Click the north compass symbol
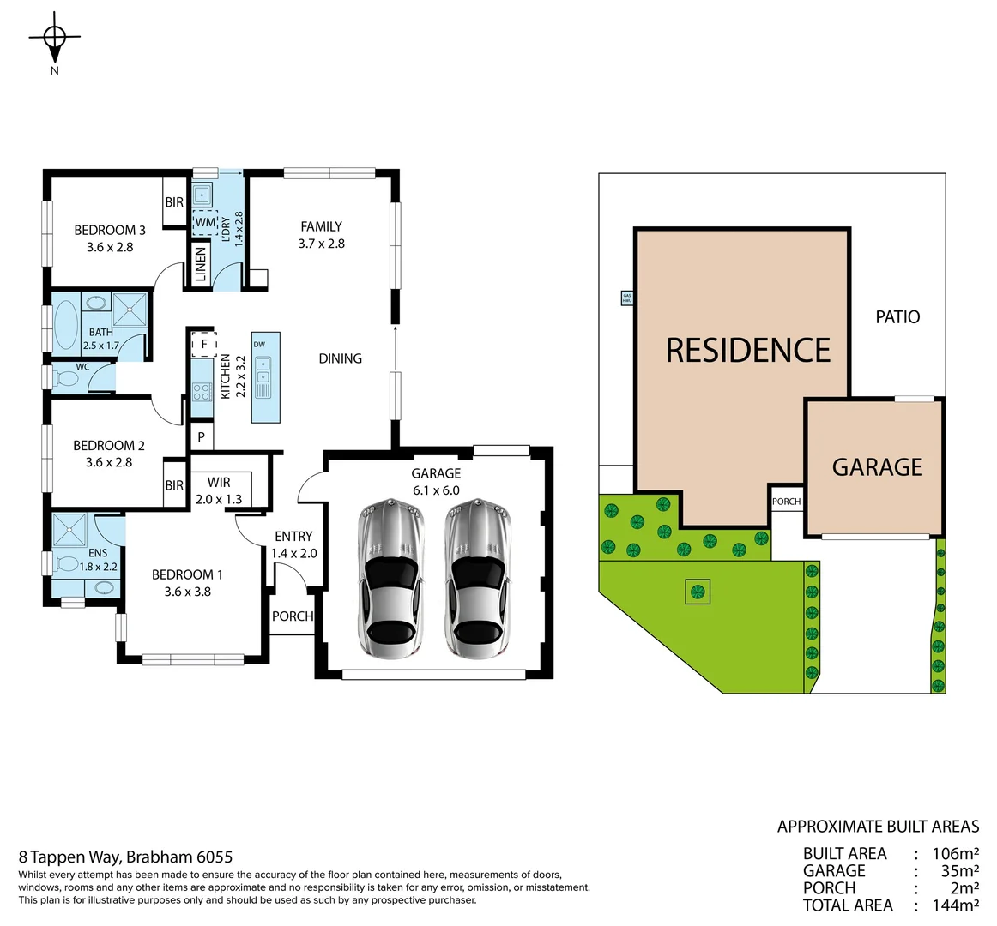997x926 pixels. [x=55, y=38]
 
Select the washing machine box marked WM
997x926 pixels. [x=204, y=222]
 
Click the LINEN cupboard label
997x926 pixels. [x=200, y=265]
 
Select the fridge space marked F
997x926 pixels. [x=203, y=345]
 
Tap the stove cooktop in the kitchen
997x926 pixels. [x=202, y=392]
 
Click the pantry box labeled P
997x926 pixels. [x=201, y=436]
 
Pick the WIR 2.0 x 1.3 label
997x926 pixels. [x=219, y=490]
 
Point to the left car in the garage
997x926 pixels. [x=390, y=580]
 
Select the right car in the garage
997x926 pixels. [x=476, y=580]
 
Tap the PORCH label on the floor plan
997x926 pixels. [x=293, y=616]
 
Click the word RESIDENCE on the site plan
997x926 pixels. [x=748, y=350]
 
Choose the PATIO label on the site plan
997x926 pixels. [x=897, y=317]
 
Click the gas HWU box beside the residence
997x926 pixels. [x=626, y=298]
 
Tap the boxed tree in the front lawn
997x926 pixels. [x=698, y=591]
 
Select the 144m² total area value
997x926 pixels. [x=955, y=905]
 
